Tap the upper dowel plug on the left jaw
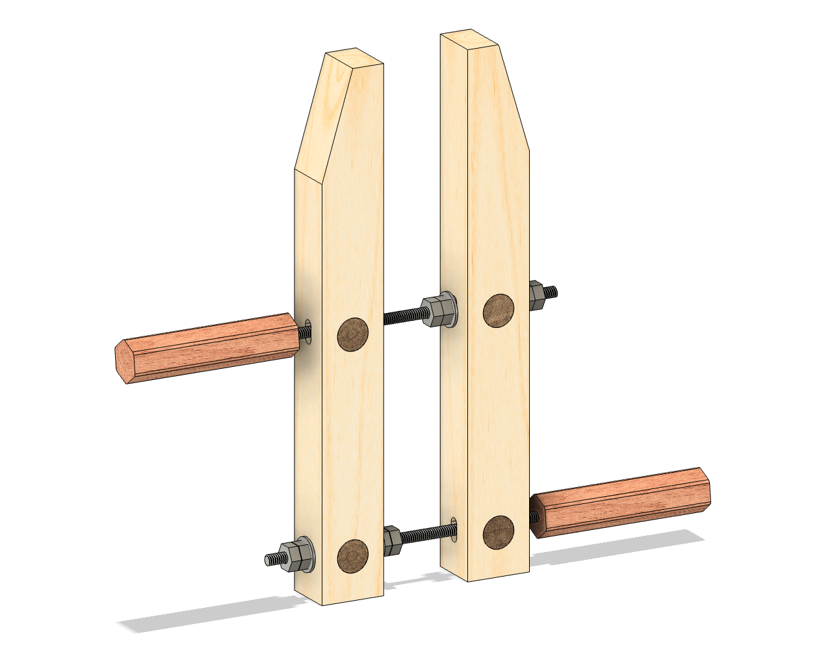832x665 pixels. pyautogui.click(x=353, y=334)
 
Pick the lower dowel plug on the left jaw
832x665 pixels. pyautogui.click(x=353, y=557)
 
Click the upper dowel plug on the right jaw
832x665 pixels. pyautogui.click(x=499, y=310)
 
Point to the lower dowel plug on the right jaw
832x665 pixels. pyautogui.click(x=499, y=533)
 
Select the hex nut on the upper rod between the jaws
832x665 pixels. pyautogui.click(x=437, y=312)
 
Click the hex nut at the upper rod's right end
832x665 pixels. pyautogui.click(x=536, y=295)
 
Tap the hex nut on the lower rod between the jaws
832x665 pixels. pyautogui.click(x=392, y=540)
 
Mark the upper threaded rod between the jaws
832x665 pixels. pyautogui.click(x=403, y=317)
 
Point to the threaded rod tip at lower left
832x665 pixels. pyautogui.click(x=272, y=559)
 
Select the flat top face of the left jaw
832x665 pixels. pyautogui.click(x=354, y=58)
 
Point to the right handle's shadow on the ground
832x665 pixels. pyautogui.click(x=617, y=546)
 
